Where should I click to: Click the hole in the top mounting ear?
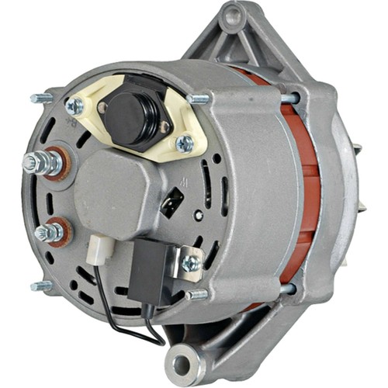point(231,16)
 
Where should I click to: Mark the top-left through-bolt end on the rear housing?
point(40,98)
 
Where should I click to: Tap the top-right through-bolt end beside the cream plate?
point(200,99)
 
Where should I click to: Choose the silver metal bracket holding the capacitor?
point(186,256)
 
